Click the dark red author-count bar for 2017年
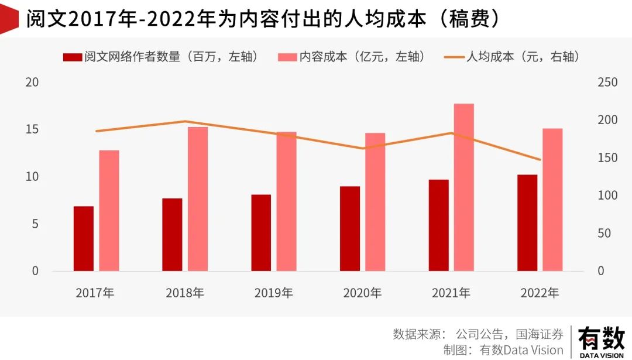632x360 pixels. (83, 238)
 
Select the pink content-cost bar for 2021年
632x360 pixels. (464, 187)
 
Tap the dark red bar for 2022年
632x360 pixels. (527, 222)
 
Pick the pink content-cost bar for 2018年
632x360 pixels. (198, 199)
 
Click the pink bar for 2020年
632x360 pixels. (375, 202)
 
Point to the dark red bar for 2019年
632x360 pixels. (261, 232)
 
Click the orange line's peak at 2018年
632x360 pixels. (185, 121)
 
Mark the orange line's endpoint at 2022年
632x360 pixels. (540, 160)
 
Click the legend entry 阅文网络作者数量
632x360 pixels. (161, 57)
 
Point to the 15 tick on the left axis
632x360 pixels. (33, 129)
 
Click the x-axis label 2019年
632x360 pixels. (274, 293)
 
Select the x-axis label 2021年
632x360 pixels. (451, 293)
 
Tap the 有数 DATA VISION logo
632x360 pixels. (601, 342)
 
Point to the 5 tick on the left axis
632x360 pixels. (35, 224)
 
